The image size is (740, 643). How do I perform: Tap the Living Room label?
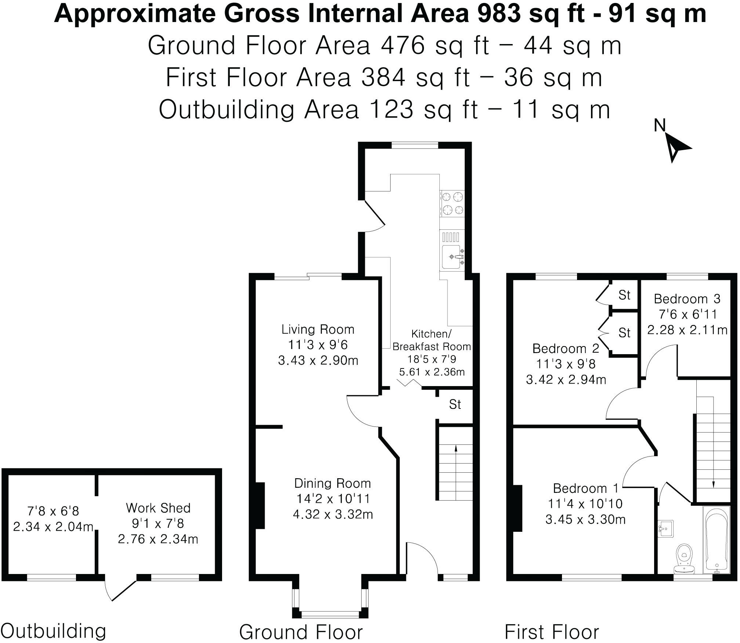tap(318, 329)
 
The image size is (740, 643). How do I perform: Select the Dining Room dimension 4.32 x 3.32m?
tap(333, 514)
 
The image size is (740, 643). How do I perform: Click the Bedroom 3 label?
tap(687, 299)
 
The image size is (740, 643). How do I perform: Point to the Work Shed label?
tap(158, 508)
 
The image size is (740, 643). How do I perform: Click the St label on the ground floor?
tap(455, 404)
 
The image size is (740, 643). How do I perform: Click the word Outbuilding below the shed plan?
tap(54, 631)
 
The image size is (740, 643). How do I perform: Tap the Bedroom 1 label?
tap(585, 488)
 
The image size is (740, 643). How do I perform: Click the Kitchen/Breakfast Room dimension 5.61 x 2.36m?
tap(432, 372)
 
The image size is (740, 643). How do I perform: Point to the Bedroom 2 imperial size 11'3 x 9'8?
tap(566, 364)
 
